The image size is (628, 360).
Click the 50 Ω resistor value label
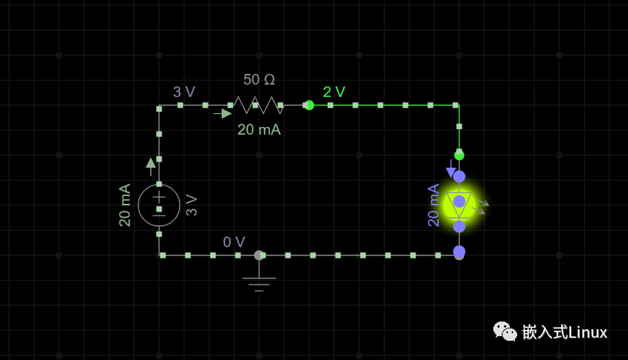(x=259, y=79)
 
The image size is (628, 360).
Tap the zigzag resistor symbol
(x=258, y=105)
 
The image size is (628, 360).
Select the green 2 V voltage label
(x=334, y=92)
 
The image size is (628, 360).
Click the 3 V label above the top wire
(x=184, y=92)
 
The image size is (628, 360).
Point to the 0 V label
(x=234, y=242)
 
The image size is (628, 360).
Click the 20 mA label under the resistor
(x=259, y=130)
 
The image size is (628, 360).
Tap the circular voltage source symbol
(x=159, y=205)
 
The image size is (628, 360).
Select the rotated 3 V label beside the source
(x=192, y=205)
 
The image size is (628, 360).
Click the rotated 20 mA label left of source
(x=125, y=205)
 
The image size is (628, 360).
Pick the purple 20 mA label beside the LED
(x=433, y=205)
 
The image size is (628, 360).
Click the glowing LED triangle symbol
(x=459, y=202)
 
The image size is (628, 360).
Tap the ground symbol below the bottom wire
(x=259, y=282)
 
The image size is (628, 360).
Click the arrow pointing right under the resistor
(x=223, y=114)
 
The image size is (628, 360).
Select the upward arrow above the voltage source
(x=151, y=166)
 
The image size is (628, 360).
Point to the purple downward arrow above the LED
(x=451, y=169)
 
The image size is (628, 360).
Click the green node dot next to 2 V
(x=309, y=105)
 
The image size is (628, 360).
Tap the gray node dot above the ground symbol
(x=259, y=255)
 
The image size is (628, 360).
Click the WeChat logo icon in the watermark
(x=505, y=332)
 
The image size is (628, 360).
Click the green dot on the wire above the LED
(x=459, y=155)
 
